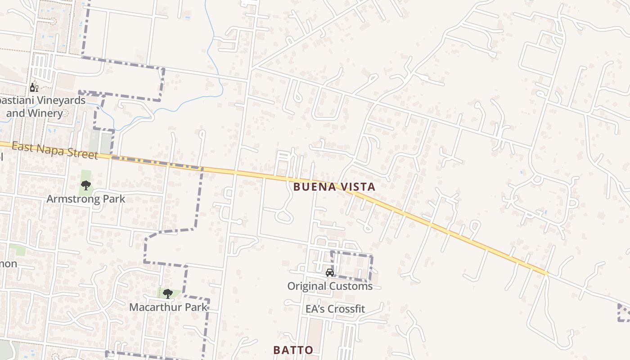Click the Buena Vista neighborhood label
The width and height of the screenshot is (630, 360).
[334, 187]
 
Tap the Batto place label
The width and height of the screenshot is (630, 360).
[293, 350]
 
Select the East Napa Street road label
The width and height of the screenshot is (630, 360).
[54, 150]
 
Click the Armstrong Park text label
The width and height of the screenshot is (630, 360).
[86, 198]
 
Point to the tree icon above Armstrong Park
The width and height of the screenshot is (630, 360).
[85, 185]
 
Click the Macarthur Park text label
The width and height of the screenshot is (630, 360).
[168, 307]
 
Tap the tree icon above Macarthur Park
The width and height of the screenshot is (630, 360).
[168, 294]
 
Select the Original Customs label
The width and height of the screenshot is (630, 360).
[330, 286]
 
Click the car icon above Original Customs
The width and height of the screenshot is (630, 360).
[330, 273]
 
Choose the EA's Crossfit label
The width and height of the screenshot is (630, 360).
[335, 309]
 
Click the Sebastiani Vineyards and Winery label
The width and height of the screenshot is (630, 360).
[40, 107]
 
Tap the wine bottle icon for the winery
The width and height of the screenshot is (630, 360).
[34, 87]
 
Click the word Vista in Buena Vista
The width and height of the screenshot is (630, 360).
[358, 187]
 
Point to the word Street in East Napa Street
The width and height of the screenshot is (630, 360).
[81, 154]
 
